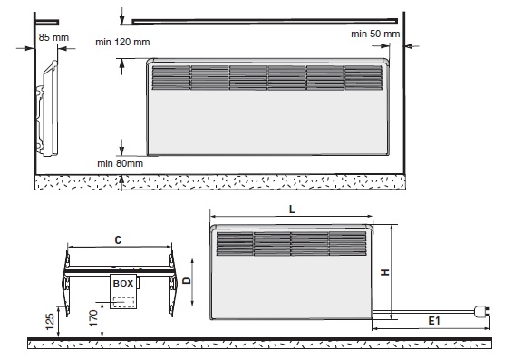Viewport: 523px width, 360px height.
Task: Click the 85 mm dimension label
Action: [x=53, y=37]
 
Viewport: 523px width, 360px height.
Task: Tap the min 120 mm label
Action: [x=122, y=42]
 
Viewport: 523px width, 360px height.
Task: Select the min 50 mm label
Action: [x=375, y=34]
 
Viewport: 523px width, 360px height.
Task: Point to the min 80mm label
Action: [x=120, y=163]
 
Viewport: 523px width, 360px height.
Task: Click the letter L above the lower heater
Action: [x=292, y=209]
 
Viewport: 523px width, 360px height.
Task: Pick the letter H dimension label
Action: [x=385, y=272]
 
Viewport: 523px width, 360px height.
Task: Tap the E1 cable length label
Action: [x=434, y=321]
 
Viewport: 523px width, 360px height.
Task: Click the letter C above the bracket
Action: [x=118, y=240]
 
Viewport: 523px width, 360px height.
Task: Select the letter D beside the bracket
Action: [x=187, y=280]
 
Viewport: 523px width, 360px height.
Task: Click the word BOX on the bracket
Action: [x=123, y=284]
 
